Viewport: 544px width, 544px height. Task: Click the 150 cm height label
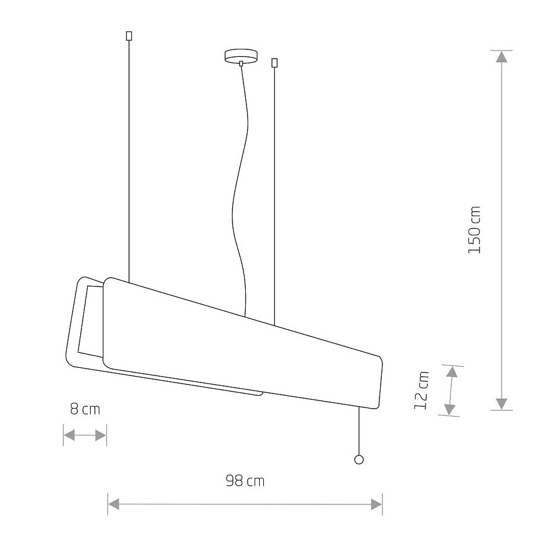[x=474, y=230]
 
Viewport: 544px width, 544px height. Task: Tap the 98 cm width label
[x=245, y=481]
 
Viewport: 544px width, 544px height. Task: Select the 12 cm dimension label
[x=422, y=391]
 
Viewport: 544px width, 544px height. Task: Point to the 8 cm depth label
[x=85, y=409]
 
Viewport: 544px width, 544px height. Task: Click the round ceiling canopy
[x=241, y=56]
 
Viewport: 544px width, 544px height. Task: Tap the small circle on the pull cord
[x=359, y=460]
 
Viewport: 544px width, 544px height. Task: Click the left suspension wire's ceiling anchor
[x=129, y=35]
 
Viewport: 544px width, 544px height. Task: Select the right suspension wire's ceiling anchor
[x=274, y=63]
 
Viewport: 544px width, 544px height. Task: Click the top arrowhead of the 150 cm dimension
[x=502, y=56]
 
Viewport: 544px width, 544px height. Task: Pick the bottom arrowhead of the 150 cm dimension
[x=502, y=404]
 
